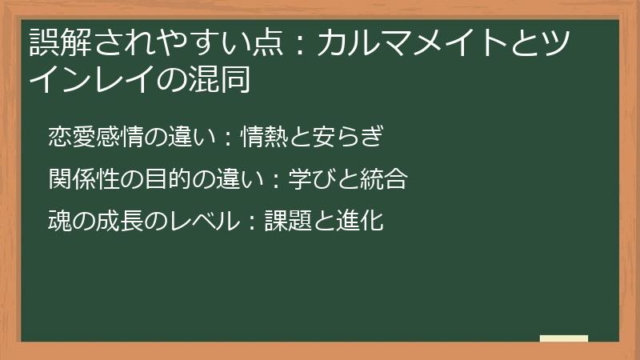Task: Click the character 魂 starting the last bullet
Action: point(59,221)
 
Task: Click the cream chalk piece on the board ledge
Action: point(563,338)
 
